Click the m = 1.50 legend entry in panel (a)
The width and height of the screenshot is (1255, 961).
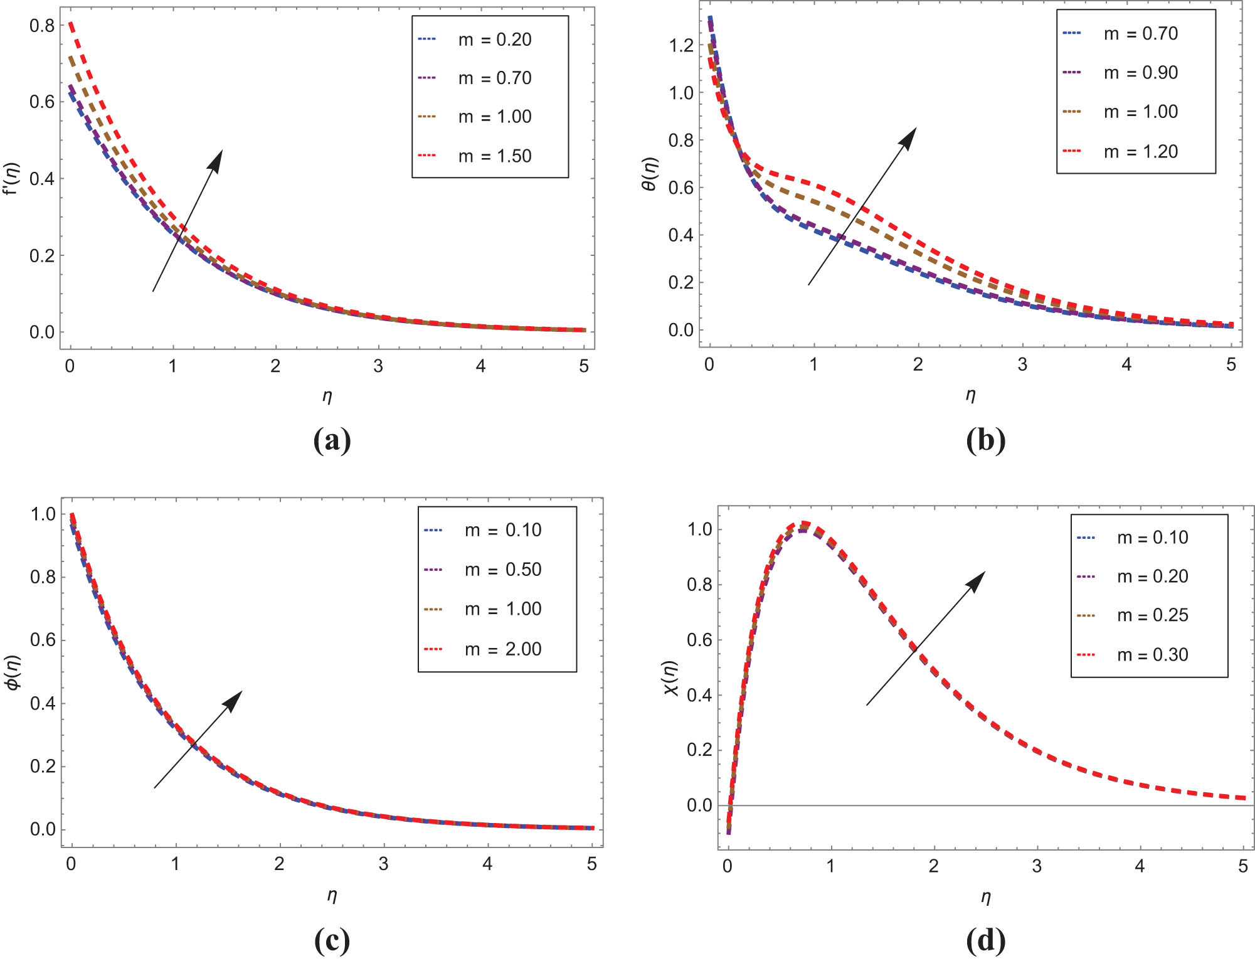tap(494, 156)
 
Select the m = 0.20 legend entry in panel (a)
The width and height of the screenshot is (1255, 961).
tap(494, 40)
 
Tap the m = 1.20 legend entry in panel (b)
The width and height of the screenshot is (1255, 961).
tap(1140, 151)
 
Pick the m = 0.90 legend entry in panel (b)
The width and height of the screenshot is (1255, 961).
tap(1140, 73)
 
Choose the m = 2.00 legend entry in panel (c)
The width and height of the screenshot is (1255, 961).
tap(502, 649)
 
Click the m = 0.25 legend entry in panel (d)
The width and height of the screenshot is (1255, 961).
tap(1152, 615)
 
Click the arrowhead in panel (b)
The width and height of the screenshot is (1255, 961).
tap(909, 137)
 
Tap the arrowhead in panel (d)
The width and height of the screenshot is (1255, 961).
tap(977, 580)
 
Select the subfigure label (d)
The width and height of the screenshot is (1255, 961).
tap(985, 940)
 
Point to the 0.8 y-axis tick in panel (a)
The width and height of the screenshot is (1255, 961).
tap(42, 25)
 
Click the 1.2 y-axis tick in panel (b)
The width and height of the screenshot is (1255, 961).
tap(681, 45)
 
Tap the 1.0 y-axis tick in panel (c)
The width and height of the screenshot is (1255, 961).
tap(43, 514)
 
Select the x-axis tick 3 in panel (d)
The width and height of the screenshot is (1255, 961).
tap(1037, 866)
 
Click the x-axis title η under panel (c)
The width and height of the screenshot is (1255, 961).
tap(332, 895)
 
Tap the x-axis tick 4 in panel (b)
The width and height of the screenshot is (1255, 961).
tap(1126, 364)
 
